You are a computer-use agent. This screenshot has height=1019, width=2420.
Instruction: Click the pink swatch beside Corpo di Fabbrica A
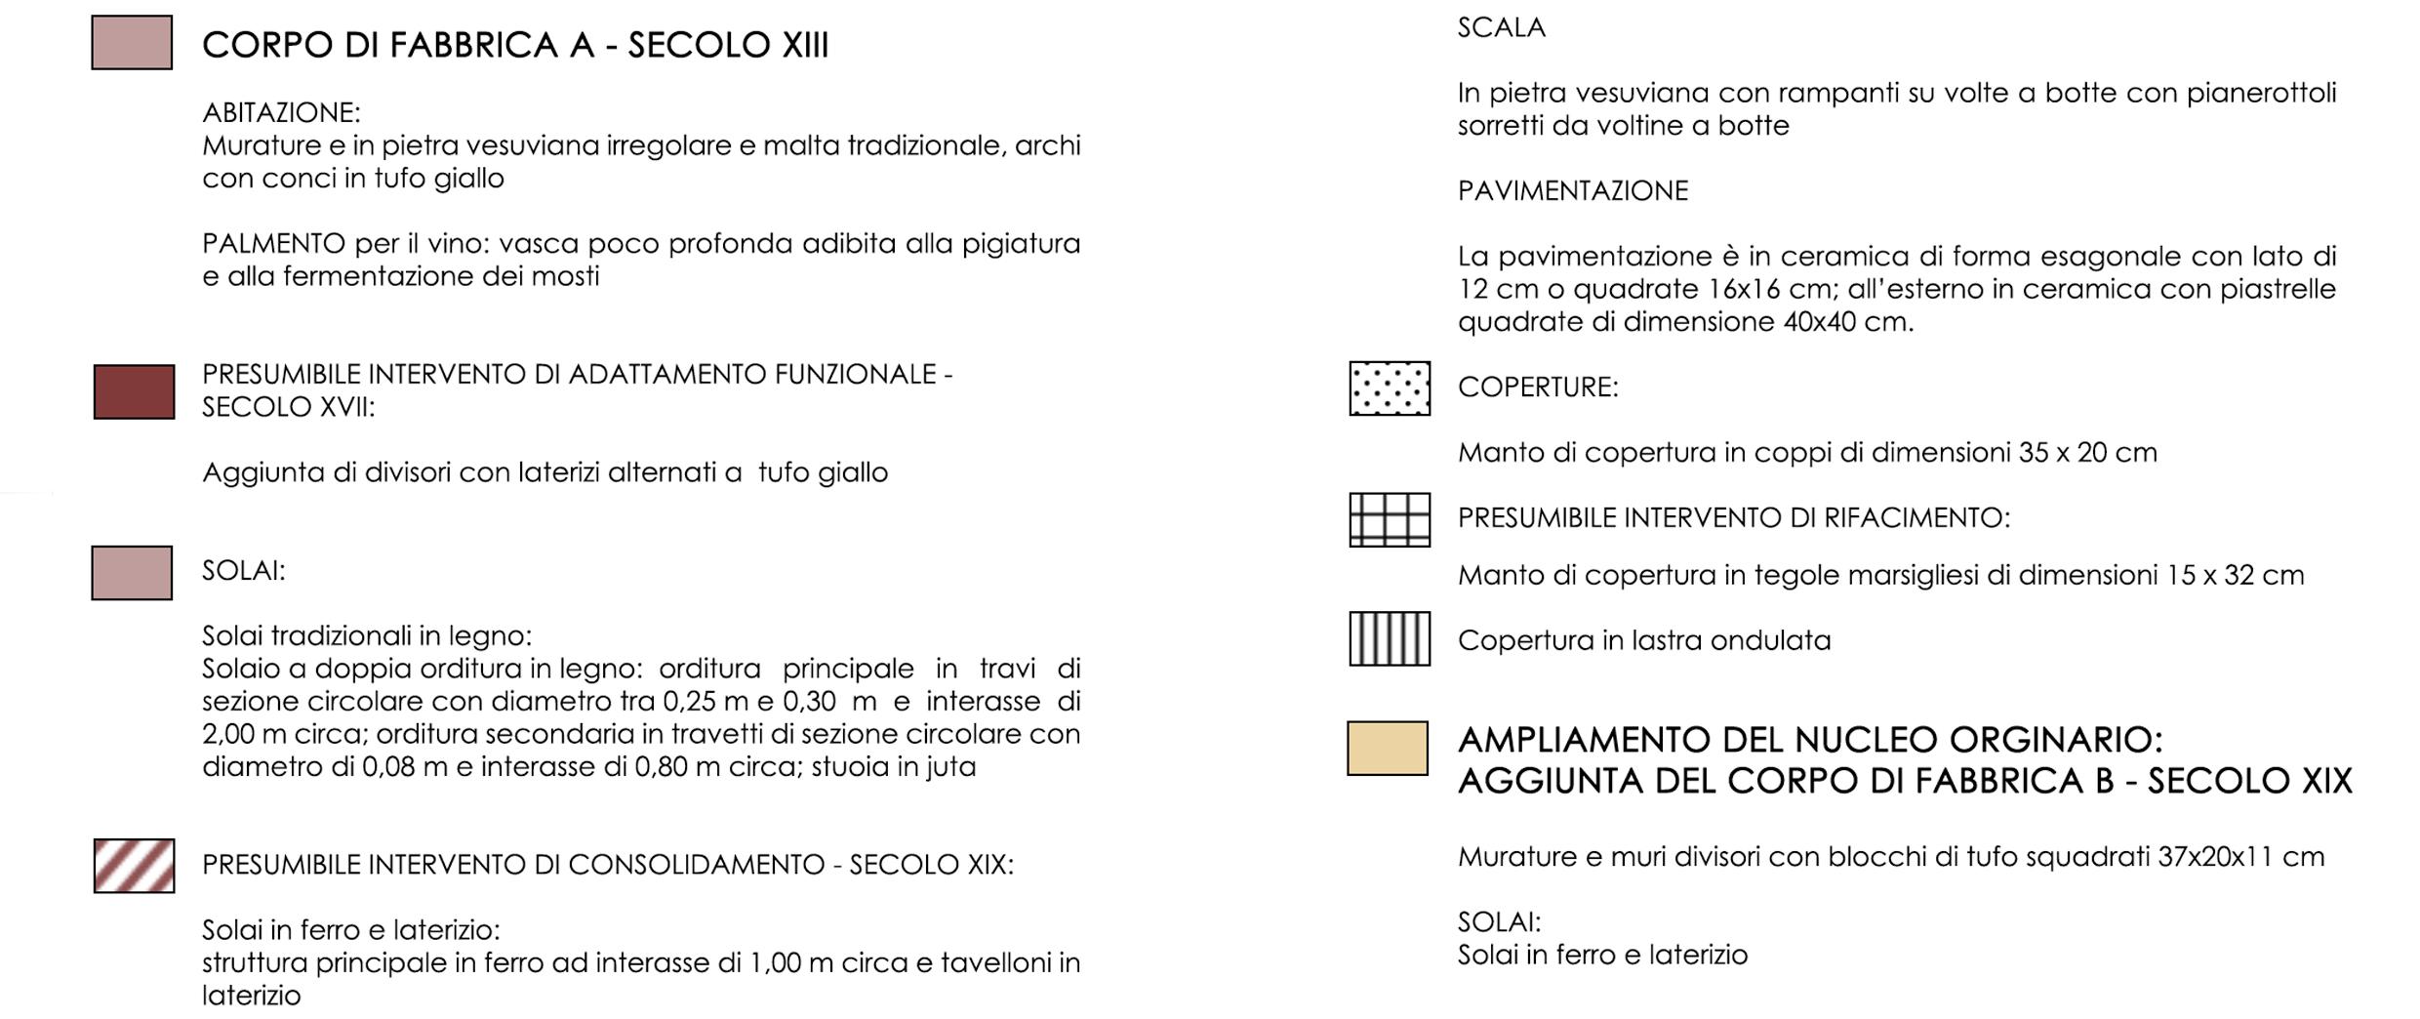coord(132,43)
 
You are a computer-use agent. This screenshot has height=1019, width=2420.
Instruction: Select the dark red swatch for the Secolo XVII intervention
coord(134,392)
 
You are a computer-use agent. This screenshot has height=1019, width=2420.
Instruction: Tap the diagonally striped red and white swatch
coord(134,866)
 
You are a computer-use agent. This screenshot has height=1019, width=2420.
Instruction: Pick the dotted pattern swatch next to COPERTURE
coord(1390,388)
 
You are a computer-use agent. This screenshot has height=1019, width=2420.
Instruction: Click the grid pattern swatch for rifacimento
coord(1390,519)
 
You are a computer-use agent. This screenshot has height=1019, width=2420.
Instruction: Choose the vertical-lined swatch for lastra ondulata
coord(1390,639)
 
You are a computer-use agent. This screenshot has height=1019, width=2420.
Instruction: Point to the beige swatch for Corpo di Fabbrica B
coord(1388,749)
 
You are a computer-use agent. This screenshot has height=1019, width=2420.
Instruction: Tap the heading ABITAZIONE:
coord(281,113)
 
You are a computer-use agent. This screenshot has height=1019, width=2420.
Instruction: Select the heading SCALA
coord(1501,28)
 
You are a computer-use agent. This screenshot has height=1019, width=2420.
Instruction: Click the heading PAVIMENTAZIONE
coord(1572,191)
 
